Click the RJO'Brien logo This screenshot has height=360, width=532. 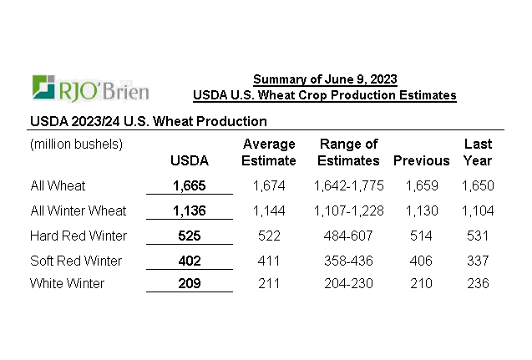[x=89, y=87]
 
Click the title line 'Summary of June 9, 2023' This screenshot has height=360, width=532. [x=325, y=79]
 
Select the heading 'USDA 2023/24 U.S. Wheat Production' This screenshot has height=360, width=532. [x=149, y=121]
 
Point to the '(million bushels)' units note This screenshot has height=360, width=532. [x=76, y=144]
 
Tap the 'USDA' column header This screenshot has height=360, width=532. [x=189, y=160]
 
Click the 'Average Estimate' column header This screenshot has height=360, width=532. [x=268, y=152]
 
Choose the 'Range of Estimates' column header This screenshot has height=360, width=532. [x=349, y=152]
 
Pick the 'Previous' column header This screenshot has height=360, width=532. [x=422, y=160]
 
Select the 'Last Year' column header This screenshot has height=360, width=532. [x=478, y=152]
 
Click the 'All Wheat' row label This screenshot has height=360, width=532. [x=58, y=185]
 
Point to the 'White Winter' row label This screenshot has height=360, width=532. [x=67, y=283]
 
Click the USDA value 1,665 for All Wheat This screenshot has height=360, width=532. [x=189, y=185]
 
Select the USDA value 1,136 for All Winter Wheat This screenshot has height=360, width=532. [x=189, y=210]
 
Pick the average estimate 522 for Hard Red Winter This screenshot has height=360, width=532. [x=268, y=236]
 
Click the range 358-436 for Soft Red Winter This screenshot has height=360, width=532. [x=349, y=261]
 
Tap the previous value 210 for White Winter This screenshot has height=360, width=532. [x=422, y=283]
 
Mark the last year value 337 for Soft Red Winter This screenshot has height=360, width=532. [x=478, y=261]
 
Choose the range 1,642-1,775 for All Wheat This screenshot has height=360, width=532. [x=349, y=185]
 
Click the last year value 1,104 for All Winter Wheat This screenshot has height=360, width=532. [x=478, y=210]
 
